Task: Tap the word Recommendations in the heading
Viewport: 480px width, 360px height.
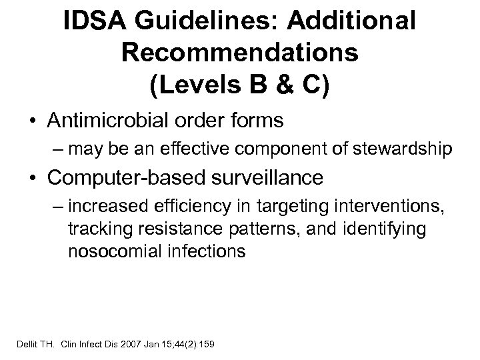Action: (240, 54)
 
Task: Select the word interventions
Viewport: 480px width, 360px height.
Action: (377, 206)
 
